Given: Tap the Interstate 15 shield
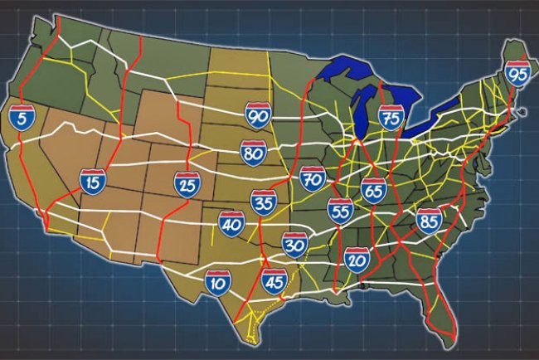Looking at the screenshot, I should [93, 181].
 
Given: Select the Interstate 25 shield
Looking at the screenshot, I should [187, 184].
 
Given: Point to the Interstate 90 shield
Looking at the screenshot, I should [258, 116].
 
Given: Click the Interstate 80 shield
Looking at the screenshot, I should [254, 153].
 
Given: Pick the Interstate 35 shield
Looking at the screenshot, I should [264, 202].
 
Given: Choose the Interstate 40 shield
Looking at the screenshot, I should [231, 222].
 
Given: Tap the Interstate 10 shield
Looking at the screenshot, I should [218, 282].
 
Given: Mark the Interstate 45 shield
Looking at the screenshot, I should [274, 282].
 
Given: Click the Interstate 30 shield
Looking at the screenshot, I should [295, 244].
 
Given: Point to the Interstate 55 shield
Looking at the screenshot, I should [340, 212].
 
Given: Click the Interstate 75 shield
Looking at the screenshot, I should [391, 118].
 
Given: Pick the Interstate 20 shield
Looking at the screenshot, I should [357, 260].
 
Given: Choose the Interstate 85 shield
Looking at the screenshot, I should [430, 220].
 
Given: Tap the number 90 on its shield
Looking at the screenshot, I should [258, 118].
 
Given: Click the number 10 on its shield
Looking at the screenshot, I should [218, 285].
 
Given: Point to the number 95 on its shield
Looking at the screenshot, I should [518, 75].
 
